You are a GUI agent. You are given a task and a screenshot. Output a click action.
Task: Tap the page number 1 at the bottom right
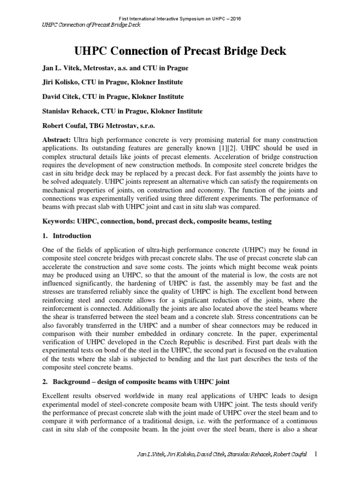coord(315,467)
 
